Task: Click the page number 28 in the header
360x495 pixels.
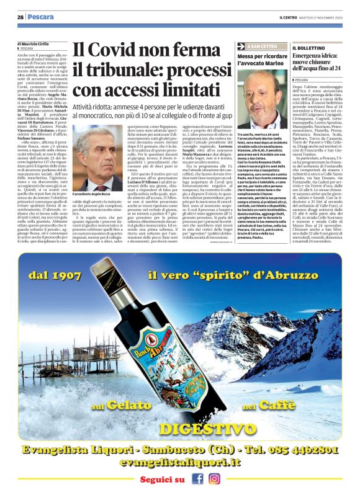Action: click(20, 17)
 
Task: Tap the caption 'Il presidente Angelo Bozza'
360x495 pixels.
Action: click(94, 195)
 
